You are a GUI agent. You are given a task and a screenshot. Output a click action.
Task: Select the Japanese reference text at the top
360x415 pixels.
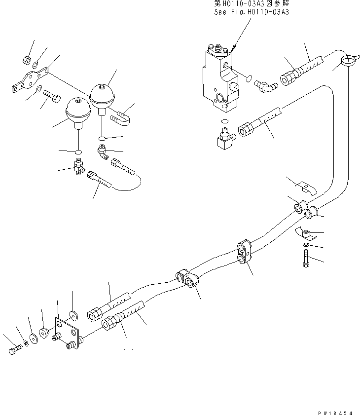(x=251, y=3)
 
